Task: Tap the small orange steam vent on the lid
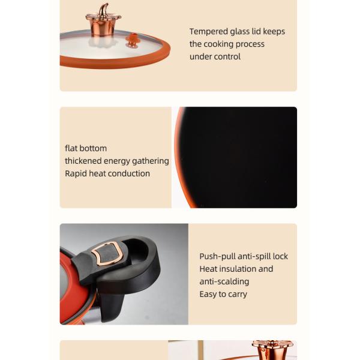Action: [132, 40]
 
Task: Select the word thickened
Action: [83, 161]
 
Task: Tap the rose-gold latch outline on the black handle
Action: [106, 253]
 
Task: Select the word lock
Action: [280, 256]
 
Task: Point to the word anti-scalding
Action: [224, 282]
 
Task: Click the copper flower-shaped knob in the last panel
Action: [273, 350]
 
